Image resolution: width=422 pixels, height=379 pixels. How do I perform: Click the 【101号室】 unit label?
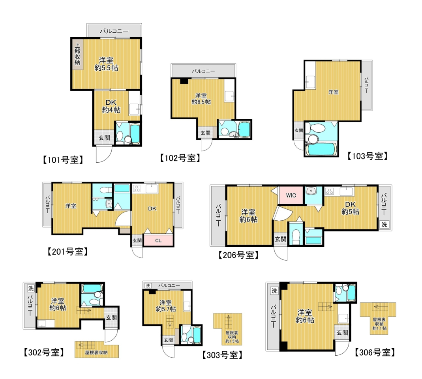(63, 160)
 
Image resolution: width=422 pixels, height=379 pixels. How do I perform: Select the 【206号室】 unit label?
(238, 255)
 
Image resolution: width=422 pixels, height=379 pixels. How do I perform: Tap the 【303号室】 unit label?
(222, 355)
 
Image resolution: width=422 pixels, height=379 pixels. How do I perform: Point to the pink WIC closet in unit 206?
(291, 195)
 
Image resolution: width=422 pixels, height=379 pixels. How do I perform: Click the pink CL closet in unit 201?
(158, 240)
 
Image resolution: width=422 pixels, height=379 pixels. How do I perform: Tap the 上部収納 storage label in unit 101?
(77, 54)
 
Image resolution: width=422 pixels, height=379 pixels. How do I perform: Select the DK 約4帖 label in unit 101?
(111, 106)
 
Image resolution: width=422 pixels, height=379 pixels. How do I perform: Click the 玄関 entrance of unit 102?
(206, 133)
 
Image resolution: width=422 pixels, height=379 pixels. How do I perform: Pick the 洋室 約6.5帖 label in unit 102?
(201, 99)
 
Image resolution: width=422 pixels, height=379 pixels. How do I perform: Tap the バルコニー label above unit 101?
(114, 31)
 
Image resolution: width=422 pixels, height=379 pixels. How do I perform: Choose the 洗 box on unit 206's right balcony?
(384, 224)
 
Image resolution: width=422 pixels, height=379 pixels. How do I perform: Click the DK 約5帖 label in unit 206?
(351, 208)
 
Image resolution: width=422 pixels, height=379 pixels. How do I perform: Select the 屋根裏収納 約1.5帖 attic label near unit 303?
(232, 337)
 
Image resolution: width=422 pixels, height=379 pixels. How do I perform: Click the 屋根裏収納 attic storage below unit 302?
(97, 349)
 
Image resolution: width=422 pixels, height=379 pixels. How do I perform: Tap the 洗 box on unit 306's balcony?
(274, 291)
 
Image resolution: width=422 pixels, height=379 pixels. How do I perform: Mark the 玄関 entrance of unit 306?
(342, 333)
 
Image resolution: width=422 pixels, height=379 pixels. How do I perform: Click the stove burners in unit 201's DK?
(137, 188)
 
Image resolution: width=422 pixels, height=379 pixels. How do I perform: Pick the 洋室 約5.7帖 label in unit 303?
(166, 306)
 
